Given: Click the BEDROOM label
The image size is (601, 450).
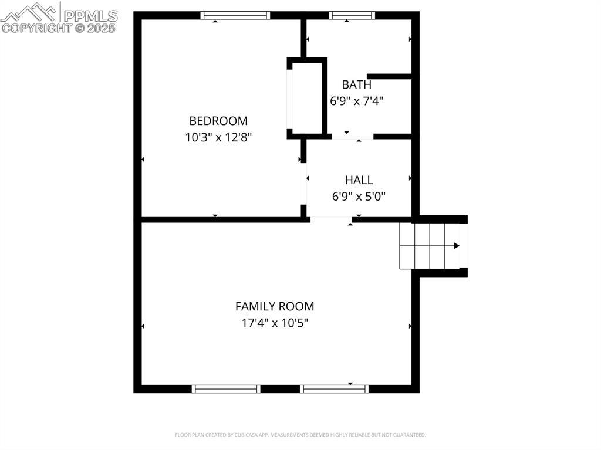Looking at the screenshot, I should point(218,121).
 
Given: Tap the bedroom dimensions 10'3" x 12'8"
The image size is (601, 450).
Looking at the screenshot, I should point(218,137).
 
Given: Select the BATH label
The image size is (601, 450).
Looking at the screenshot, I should point(357,84).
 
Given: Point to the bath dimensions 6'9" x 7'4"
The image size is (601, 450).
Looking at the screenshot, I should point(357,101).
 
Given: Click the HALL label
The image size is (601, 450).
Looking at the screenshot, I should point(359,180).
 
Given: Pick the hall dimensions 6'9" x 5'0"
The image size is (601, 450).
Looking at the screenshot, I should point(359,197).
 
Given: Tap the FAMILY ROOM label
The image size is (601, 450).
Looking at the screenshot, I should point(275,306).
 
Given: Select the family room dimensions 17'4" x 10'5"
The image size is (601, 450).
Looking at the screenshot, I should point(275,323).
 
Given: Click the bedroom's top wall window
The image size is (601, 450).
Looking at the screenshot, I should point(235,15).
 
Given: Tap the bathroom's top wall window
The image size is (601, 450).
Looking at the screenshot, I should point(352,15).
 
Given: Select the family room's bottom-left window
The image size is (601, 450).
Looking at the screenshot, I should point(226,388).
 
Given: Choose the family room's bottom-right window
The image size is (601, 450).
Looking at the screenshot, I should point(334,388).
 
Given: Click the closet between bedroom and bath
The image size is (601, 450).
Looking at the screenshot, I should point(306,98).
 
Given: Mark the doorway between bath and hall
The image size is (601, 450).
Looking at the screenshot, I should point(353,136).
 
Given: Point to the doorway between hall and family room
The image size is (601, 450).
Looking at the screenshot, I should point(331,219).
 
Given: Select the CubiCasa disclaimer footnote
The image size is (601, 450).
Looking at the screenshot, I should point(300,435).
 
